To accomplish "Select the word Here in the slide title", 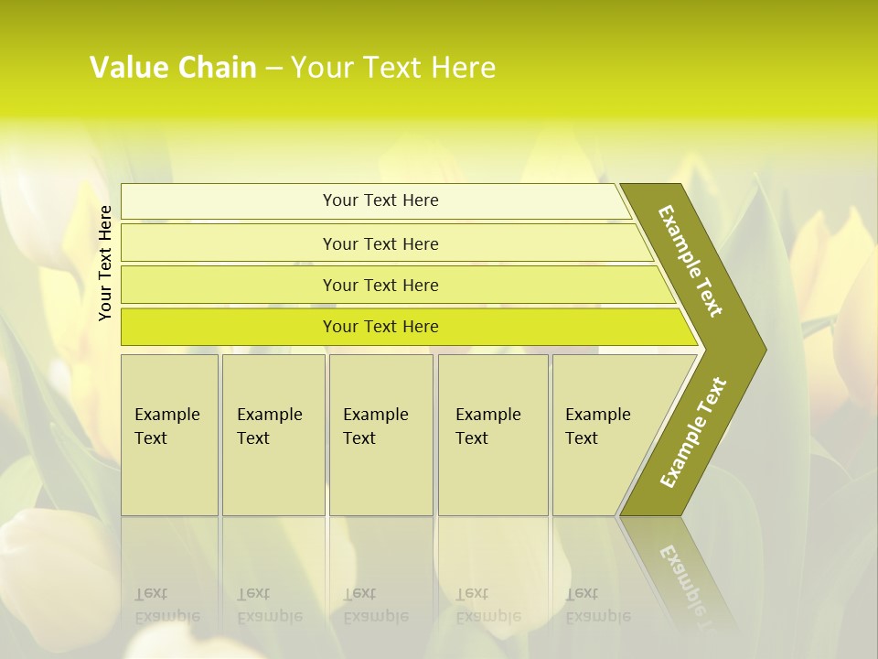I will (462, 68).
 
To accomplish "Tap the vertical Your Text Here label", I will (105, 263).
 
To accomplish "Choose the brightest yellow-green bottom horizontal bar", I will (229, 327).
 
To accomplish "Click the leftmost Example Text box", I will (169, 435).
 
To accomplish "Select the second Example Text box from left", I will (273, 435).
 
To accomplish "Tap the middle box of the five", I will (380, 435).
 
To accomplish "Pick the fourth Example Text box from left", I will (493, 435).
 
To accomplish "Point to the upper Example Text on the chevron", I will (691, 261).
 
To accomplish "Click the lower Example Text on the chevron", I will (693, 433).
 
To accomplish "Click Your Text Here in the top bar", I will (380, 200).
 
